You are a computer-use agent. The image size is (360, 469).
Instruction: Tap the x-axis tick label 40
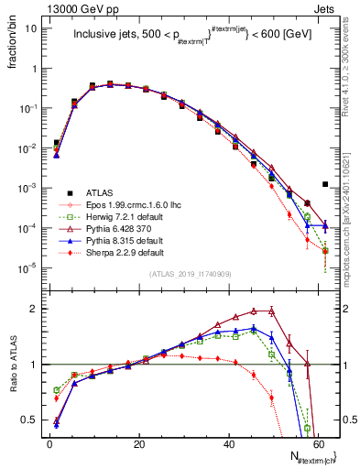(x=229, y=443)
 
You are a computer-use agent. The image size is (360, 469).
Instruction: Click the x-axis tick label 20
(x=139, y=443)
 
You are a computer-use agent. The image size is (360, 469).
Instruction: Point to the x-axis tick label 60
(x=319, y=443)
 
